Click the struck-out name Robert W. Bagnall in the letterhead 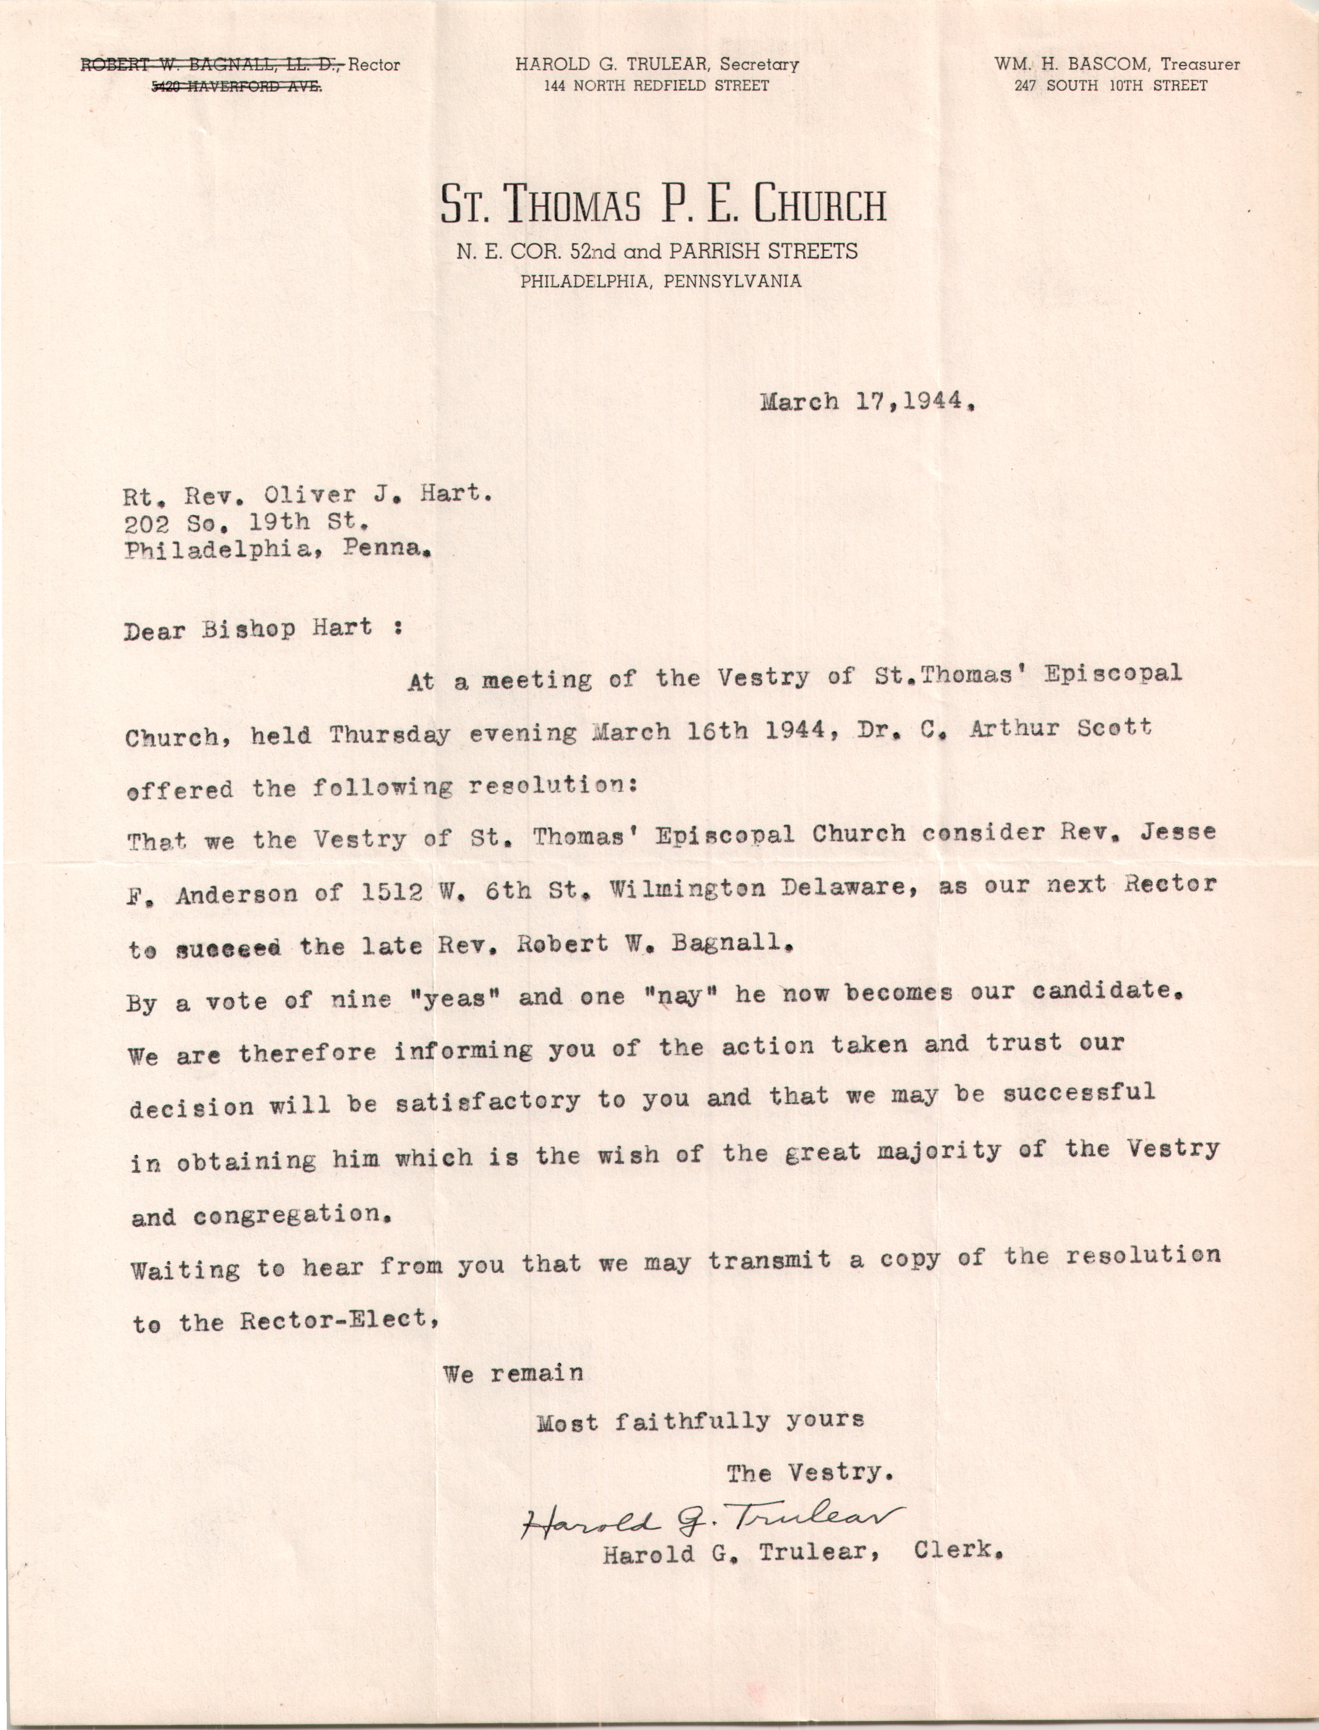tap(212, 65)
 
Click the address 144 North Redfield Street tap(656, 86)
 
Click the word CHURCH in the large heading tap(820, 204)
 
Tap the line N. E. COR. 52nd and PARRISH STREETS tap(657, 251)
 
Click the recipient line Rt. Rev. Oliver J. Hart tap(308, 494)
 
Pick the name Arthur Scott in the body tap(1060, 728)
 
